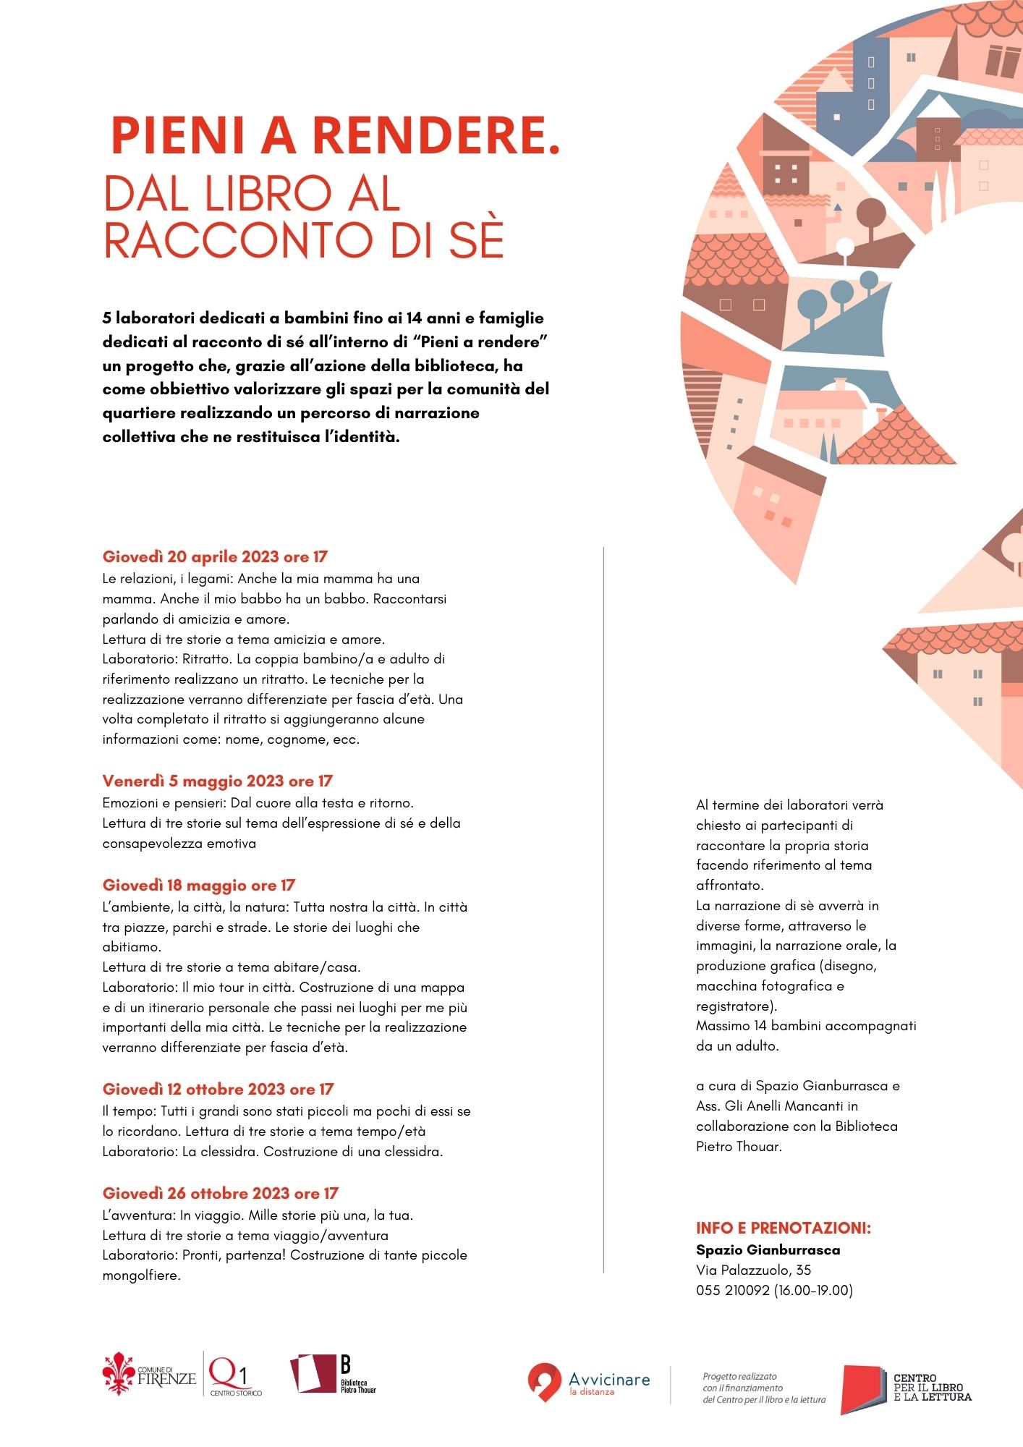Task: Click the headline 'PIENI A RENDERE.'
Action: point(336,136)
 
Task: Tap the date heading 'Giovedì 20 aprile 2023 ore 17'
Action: point(215,556)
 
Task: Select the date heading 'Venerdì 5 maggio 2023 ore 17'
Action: point(217,781)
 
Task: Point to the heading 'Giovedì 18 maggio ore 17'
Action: point(199,885)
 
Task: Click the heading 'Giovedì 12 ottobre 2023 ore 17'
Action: point(218,1089)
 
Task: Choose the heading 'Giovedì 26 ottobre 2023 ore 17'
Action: point(220,1193)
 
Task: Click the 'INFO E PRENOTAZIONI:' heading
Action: point(783,1228)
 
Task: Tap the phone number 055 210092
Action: point(732,1290)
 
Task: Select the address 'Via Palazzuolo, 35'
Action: point(753,1270)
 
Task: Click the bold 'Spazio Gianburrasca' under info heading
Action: point(768,1249)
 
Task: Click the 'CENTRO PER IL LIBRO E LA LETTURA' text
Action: point(932,1388)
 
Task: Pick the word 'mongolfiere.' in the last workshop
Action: point(141,1276)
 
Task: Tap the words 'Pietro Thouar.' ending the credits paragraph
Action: point(739,1146)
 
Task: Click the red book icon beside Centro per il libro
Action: point(863,1388)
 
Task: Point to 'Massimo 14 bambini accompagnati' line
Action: point(806,1025)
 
